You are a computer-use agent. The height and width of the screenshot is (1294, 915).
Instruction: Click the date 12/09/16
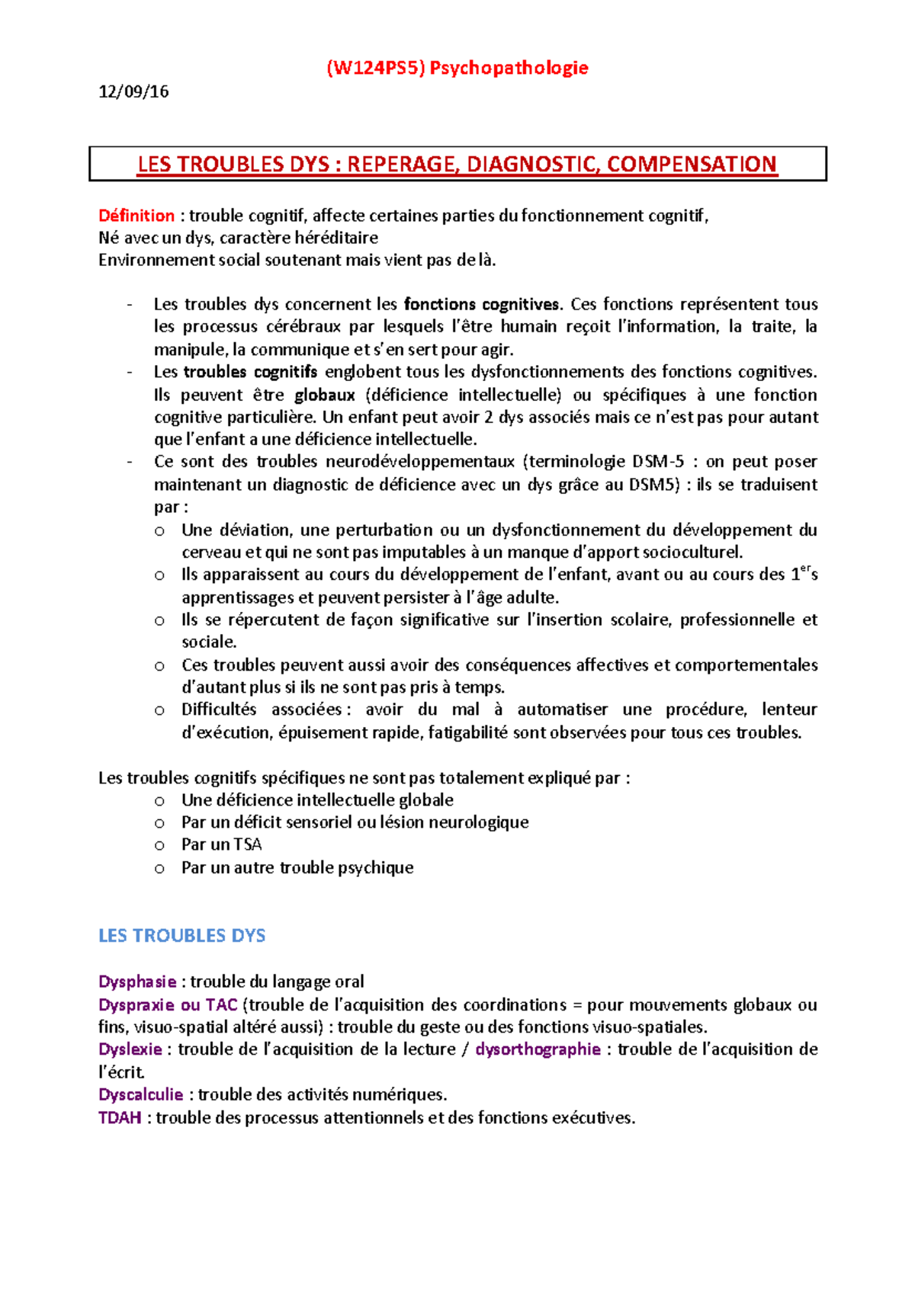[x=133, y=92]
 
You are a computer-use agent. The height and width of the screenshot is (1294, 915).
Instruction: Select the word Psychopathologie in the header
[x=509, y=69]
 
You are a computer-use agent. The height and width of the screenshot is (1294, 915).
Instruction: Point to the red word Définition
[x=136, y=216]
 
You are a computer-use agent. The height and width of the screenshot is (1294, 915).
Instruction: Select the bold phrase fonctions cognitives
[x=482, y=305]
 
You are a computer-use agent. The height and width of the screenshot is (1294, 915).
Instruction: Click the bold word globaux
[x=325, y=395]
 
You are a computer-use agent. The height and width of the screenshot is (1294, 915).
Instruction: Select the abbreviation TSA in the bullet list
[x=248, y=844]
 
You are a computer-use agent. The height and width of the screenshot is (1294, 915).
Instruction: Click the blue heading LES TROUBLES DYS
[x=181, y=936]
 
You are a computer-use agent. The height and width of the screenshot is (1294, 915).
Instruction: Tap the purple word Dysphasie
[x=137, y=982]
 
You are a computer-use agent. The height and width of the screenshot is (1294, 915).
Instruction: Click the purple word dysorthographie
[x=538, y=1049]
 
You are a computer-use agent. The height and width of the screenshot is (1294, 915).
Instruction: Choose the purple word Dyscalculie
[x=140, y=1095]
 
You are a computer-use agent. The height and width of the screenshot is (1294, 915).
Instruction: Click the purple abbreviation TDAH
[x=120, y=1118]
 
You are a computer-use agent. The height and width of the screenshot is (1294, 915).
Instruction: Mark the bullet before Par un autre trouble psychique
[x=159, y=868]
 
